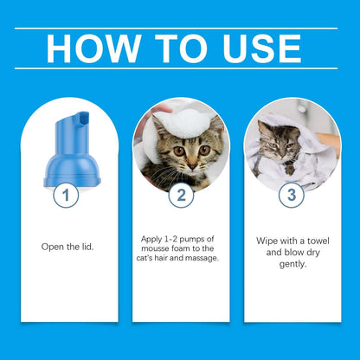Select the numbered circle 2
point(180,195)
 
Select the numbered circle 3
point(291,195)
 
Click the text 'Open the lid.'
point(68,246)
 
